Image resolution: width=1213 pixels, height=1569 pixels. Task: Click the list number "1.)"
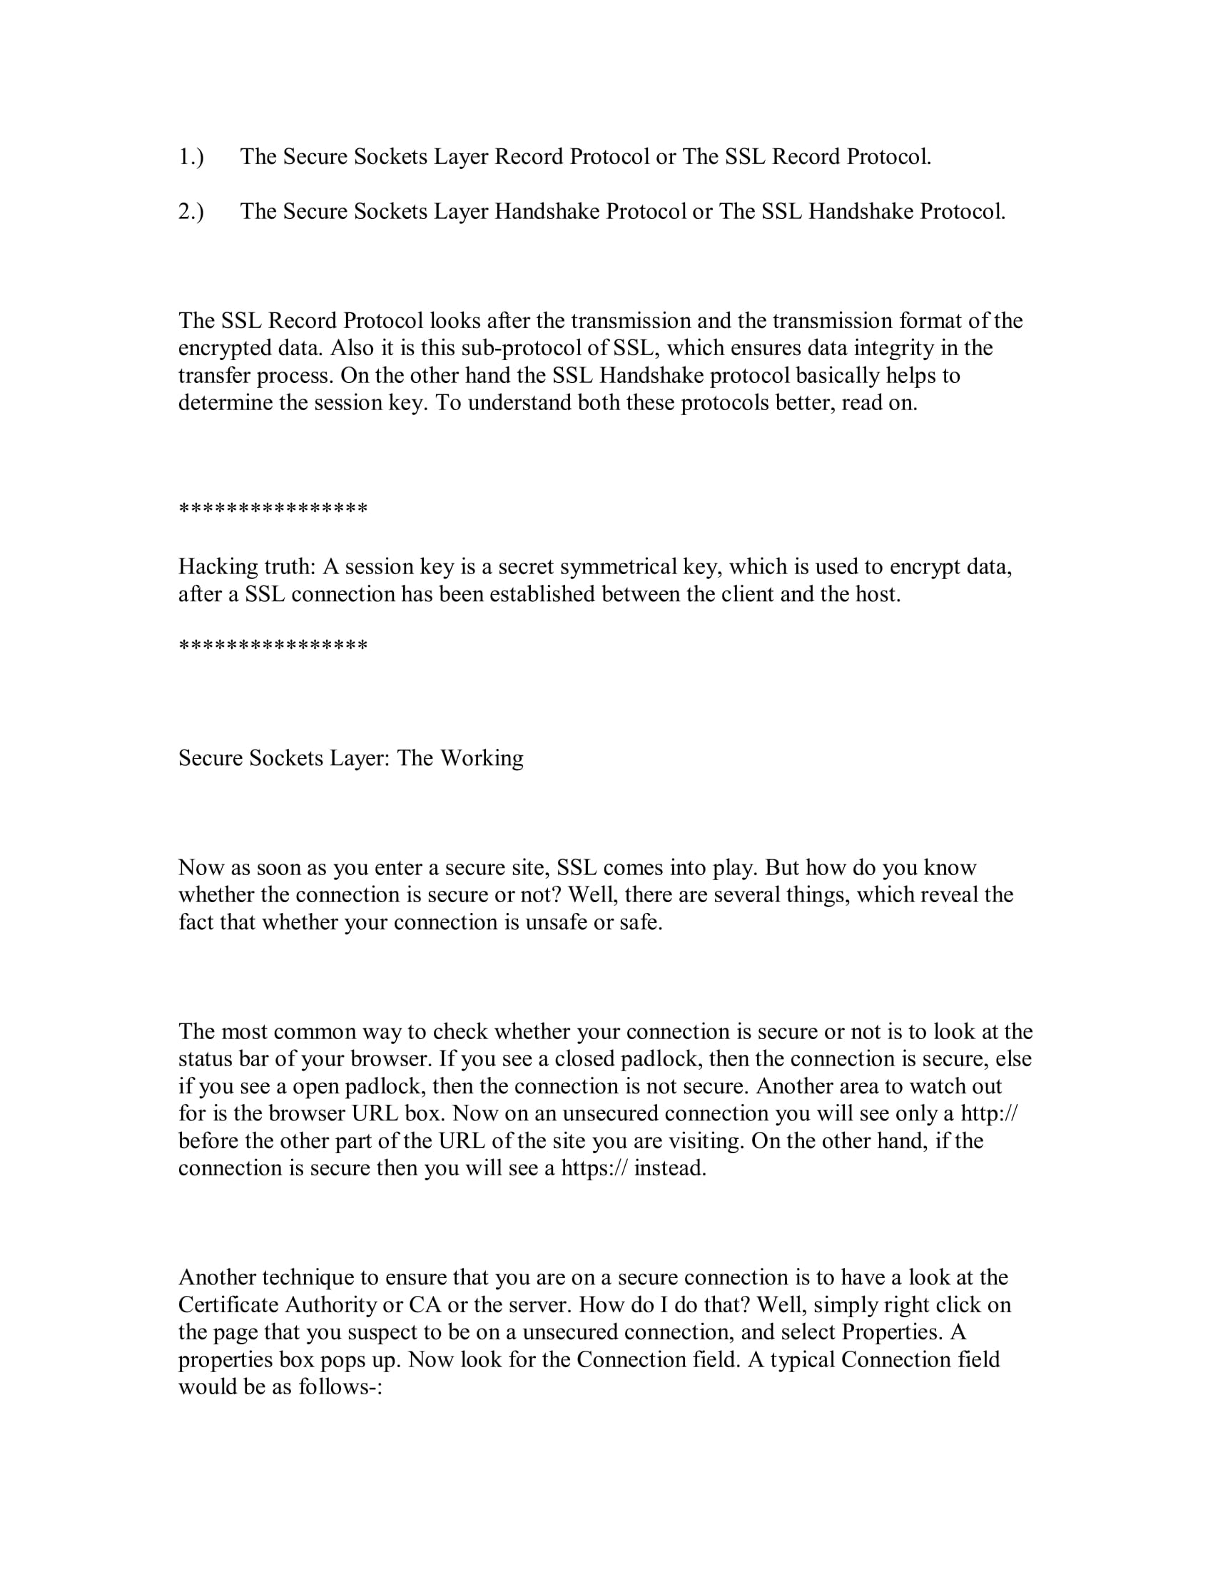pyautogui.click(x=191, y=157)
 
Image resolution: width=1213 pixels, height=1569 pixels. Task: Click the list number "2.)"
pyautogui.click(x=191, y=211)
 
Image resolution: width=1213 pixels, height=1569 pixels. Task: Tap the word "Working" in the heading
pyautogui.click(x=482, y=758)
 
